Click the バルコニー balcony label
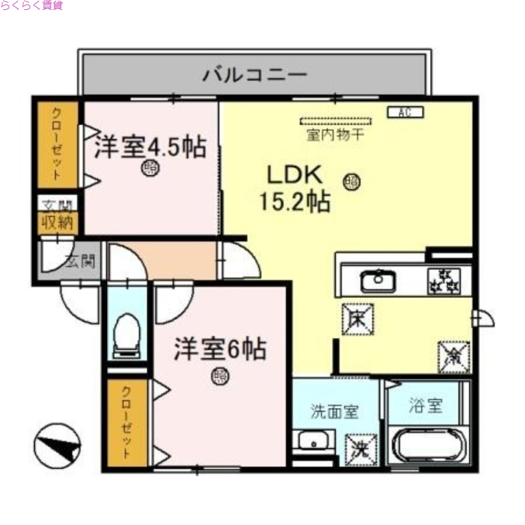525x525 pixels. [x=254, y=74]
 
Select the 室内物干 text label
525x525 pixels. [x=335, y=136]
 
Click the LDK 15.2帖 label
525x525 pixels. [x=293, y=188]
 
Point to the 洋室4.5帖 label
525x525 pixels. [x=150, y=146]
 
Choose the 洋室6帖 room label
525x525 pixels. [x=220, y=349]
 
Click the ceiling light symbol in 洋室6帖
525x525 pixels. [x=220, y=376]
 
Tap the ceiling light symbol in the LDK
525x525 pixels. [x=352, y=179]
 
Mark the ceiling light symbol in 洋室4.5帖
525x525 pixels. [x=150, y=168]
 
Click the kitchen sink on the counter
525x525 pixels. [x=377, y=282]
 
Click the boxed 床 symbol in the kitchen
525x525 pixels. [x=358, y=319]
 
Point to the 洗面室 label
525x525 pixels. [x=335, y=412]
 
